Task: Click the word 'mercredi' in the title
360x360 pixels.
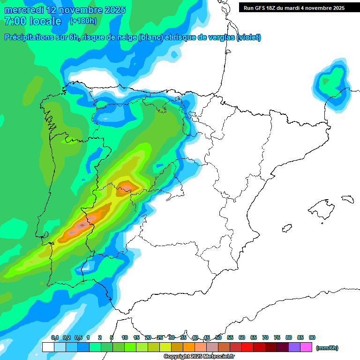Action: click(x=23, y=10)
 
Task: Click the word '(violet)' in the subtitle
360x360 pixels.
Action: click(x=249, y=37)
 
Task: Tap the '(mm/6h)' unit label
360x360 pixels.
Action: click(x=327, y=348)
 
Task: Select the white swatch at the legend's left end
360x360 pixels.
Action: click(x=48, y=347)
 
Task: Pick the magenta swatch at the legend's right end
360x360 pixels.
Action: click(x=306, y=347)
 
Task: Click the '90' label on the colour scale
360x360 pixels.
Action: click(x=312, y=338)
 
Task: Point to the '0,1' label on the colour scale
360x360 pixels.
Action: click(x=55, y=338)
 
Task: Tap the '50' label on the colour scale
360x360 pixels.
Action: click(x=218, y=338)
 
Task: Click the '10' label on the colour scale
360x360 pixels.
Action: click(x=125, y=338)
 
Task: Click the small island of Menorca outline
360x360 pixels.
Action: click(x=347, y=199)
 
